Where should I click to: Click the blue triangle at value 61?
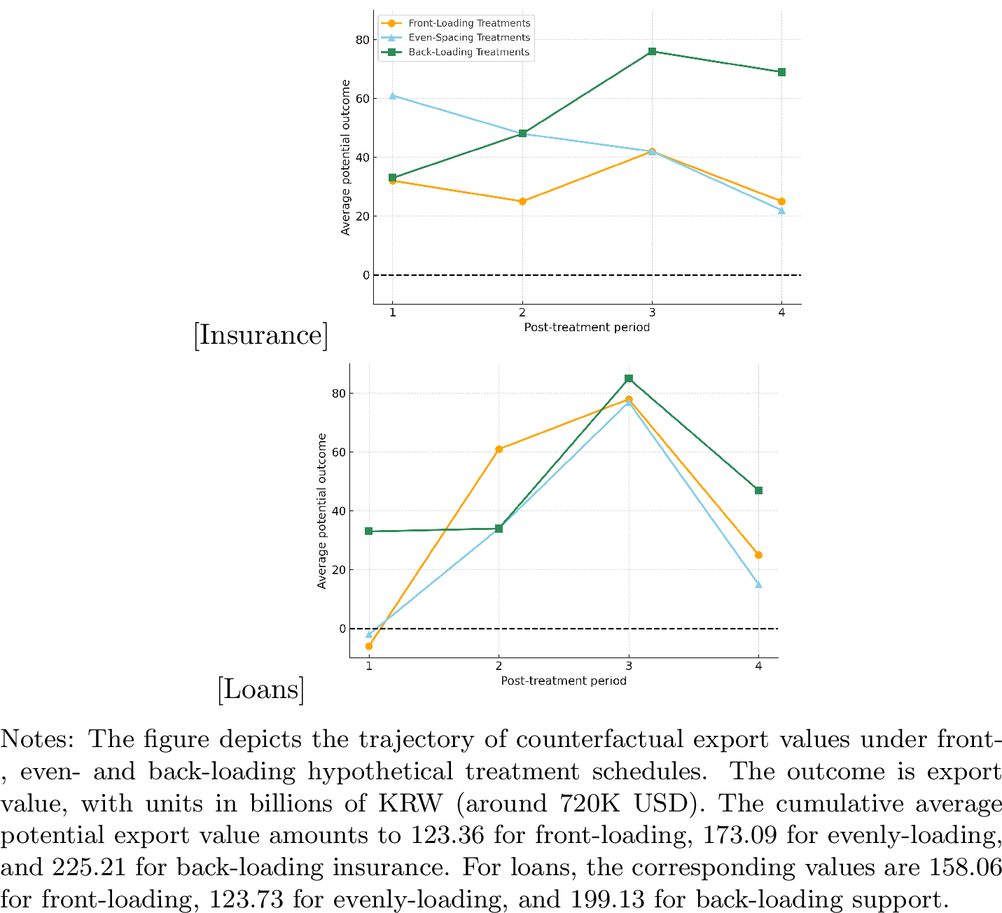click(x=393, y=95)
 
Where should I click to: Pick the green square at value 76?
click(x=652, y=51)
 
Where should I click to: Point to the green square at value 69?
click(x=781, y=72)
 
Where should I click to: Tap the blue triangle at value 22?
click(x=781, y=210)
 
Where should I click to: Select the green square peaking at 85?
click(x=629, y=379)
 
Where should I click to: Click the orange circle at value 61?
click(x=499, y=449)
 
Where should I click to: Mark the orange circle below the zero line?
click(x=369, y=646)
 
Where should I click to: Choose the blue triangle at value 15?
click(x=758, y=585)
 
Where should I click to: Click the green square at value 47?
click(x=758, y=491)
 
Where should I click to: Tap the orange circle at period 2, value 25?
click(x=522, y=202)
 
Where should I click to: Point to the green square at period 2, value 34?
click(x=499, y=529)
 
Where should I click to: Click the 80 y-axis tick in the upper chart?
click(x=362, y=40)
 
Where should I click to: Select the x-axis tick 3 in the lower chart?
click(x=629, y=667)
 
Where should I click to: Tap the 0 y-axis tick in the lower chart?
click(x=342, y=629)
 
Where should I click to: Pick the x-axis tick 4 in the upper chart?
click(x=781, y=313)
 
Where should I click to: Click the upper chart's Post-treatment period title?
click(x=587, y=328)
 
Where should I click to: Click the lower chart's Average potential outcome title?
click(x=322, y=511)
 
